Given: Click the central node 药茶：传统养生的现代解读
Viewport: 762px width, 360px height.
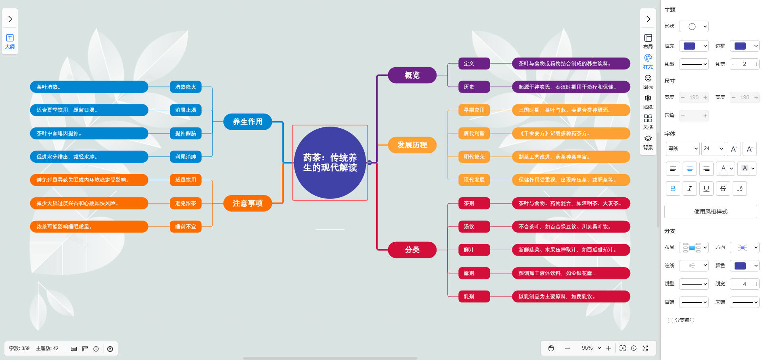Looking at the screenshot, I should [x=330, y=163].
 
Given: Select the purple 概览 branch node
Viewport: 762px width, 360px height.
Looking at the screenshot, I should [x=412, y=75].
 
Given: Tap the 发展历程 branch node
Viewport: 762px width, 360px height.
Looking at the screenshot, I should [x=412, y=145].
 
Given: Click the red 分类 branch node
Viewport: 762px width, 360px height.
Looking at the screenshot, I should [x=412, y=250].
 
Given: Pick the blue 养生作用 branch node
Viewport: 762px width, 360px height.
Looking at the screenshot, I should [x=248, y=121].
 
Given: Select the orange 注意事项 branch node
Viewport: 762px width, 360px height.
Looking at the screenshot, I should [x=248, y=203].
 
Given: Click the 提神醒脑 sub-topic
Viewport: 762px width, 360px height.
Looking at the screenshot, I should [x=185, y=133].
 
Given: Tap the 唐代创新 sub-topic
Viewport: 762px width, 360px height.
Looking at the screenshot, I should [x=474, y=133].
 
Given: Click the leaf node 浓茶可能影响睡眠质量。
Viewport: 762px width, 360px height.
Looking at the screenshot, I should [x=89, y=227].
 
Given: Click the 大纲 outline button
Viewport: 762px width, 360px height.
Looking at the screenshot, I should [x=10, y=41].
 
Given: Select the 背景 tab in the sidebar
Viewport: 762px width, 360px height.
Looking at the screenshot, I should [x=648, y=142].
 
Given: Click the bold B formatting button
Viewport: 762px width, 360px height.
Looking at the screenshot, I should [x=673, y=189].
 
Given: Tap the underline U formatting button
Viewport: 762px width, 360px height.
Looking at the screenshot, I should [x=706, y=189].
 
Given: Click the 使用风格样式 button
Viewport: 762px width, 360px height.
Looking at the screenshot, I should [x=710, y=212].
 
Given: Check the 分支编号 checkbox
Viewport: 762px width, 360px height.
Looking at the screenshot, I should [x=670, y=320].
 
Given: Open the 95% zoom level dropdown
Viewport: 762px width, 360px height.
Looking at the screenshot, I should [x=591, y=348].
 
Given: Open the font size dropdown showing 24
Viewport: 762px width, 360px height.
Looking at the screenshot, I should [x=713, y=148].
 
